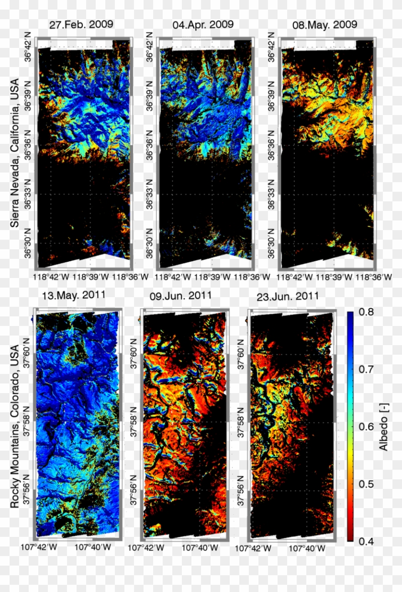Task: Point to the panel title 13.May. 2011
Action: (x=74, y=295)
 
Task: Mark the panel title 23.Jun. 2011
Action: (x=287, y=296)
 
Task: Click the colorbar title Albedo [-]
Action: (x=384, y=427)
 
